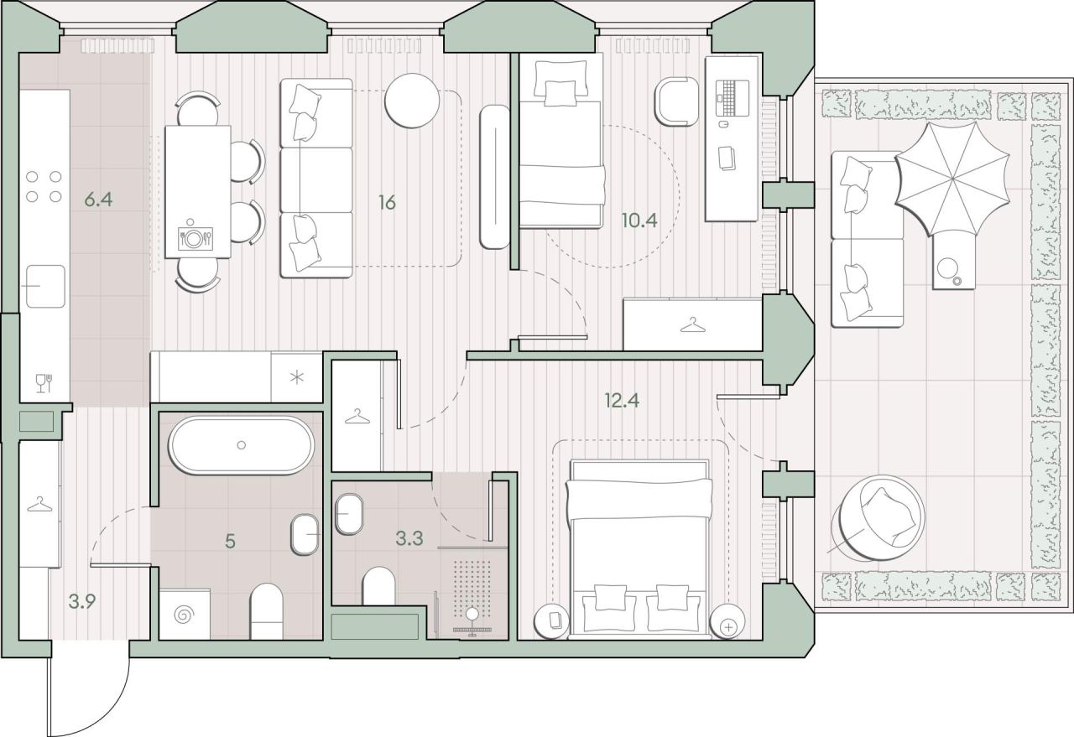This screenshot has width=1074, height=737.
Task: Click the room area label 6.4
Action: pos(98,199)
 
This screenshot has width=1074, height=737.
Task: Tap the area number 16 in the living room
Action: pos(387,203)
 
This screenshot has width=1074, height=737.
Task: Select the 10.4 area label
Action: pos(639,221)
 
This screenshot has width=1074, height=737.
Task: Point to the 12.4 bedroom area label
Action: pos(622,400)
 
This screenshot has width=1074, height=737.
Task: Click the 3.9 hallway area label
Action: pos(82,601)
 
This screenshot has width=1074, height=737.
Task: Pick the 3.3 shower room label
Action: pos(409,538)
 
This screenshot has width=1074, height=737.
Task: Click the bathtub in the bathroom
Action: pos(241,445)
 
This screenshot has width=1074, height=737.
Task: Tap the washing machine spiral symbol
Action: pos(185,615)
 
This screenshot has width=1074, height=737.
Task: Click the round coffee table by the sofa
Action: pos(412,101)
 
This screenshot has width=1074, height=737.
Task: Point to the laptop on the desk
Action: pos(733,98)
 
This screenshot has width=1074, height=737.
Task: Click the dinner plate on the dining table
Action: pos(194,238)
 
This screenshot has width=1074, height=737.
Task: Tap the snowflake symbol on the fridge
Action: pos(297,377)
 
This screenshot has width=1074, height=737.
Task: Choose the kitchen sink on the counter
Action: pos(44,286)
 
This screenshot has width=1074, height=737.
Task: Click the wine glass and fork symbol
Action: pos(44,383)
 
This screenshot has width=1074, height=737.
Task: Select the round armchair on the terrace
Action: pos(882,518)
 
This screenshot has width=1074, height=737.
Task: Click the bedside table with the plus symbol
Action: pos(727,621)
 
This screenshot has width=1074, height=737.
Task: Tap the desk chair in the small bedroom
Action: pos(676,101)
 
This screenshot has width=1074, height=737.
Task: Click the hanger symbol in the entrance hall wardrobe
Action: pos(39,505)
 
